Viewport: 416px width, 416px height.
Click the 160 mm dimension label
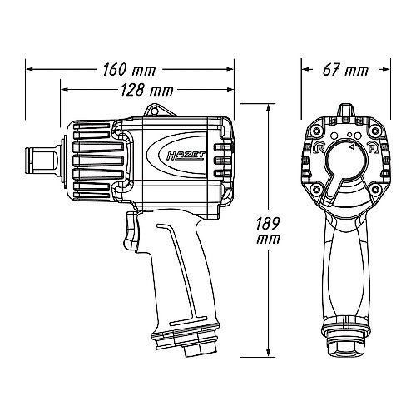pyautogui.click(x=129, y=70)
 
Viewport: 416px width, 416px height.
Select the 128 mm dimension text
pyautogui.click(x=147, y=90)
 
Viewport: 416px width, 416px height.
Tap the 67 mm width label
pyautogui.click(x=345, y=70)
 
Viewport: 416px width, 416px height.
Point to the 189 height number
pyautogui.click(x=267, y=224)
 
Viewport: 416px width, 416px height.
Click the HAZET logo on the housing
pyautogui.click(x=186, y=156)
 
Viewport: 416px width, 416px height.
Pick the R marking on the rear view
pyautogui.click(x=319, y=148)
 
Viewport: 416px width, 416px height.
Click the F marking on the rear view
pyautogui.click(x=372, y=147)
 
